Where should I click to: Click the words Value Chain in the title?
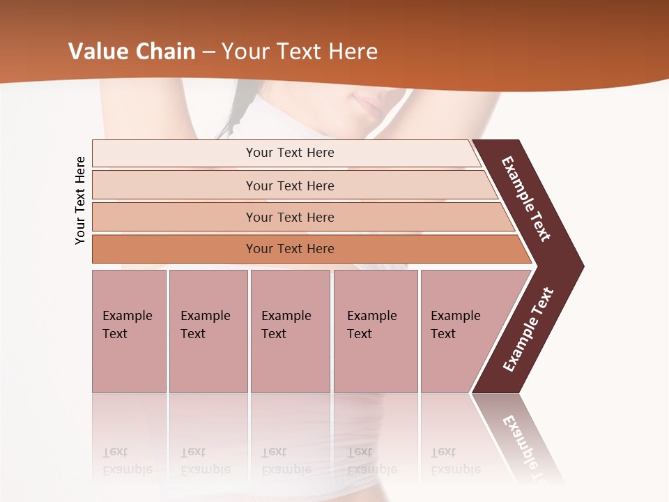132,52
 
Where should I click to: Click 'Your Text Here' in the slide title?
300,52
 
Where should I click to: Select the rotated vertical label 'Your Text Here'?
80,200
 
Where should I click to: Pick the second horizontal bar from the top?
289,185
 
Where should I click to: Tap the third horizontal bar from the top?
289,217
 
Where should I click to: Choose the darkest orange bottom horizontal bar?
289,249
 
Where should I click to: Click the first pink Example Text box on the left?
129,330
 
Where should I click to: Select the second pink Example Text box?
208,330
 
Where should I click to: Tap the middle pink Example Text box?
290,330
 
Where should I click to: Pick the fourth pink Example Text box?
375,330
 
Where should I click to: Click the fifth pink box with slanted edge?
460,330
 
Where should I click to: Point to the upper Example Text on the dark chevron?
527,199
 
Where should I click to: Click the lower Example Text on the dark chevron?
528,330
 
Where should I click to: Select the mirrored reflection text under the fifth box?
455,462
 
